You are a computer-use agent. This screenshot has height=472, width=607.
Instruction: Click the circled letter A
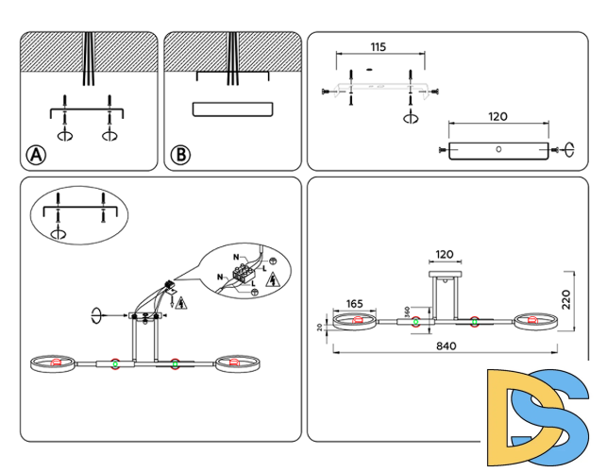click(x=36, y=155)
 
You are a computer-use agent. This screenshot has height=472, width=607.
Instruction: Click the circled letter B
click(x=179, y=155)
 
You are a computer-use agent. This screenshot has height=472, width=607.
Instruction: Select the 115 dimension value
click(x=379, y=46)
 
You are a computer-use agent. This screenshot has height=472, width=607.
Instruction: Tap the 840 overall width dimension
click(x=447, y=346)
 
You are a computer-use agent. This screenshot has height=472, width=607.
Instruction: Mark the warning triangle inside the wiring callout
click(x=273, y=280)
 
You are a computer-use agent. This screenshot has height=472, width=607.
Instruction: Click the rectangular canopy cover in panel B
click(x=232, y=108)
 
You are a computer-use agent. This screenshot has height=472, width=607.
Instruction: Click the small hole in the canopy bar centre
click(x=497, y=149)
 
